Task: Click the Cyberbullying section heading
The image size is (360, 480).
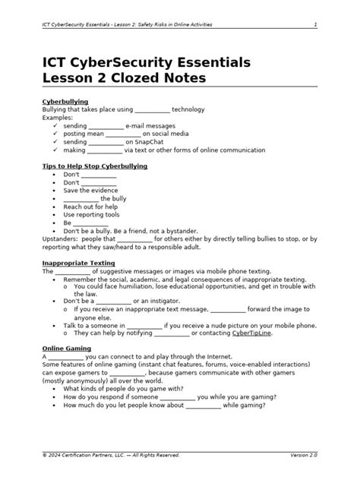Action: point(65,101)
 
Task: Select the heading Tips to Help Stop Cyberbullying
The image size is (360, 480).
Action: point(94,165)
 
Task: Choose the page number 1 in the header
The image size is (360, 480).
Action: point(315,24)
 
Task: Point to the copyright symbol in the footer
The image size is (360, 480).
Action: point(45,455)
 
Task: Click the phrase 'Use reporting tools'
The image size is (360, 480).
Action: point(91,214)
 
